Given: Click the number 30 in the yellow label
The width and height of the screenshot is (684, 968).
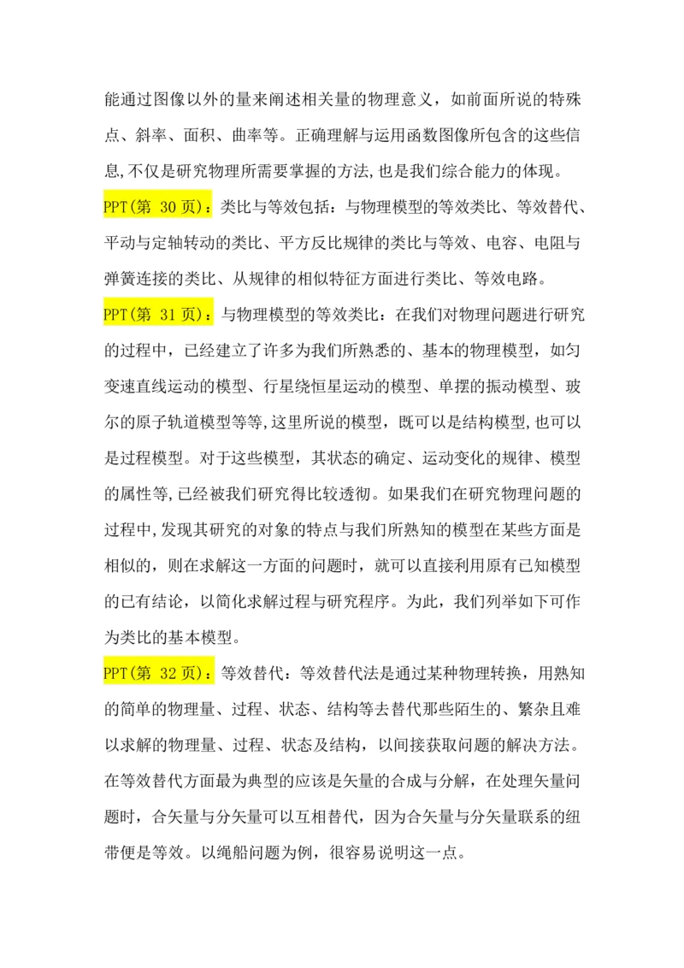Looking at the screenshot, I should tap(168, 207).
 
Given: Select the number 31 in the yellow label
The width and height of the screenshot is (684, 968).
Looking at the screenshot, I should tap(168, 315).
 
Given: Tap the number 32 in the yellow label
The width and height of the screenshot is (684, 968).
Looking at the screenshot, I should tap(168, 674).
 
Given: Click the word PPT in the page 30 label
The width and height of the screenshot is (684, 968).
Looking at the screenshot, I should tap(115, 207).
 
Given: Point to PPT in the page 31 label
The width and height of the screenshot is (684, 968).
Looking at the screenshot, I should tap(115, 315).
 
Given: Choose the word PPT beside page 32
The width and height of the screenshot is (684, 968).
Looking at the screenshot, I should tap(115, 674).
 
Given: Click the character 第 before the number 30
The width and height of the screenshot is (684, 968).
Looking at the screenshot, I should tap(143, 207).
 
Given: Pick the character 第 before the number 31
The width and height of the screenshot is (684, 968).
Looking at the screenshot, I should tap(143, 315).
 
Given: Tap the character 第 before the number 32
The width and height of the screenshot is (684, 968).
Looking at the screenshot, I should tap(143, 674).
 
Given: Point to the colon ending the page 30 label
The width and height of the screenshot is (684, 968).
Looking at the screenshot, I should tap(209, 209).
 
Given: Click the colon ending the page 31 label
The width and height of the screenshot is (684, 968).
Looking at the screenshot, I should tap(209, 316).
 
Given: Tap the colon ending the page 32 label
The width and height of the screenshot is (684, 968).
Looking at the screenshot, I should tap(209, 676).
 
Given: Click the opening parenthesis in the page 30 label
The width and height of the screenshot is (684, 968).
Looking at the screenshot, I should tap(132, 207).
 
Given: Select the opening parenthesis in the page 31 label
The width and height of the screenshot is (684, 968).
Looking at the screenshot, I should tap(132, 315).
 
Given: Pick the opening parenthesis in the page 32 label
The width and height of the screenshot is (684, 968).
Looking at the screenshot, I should tap(132, 674).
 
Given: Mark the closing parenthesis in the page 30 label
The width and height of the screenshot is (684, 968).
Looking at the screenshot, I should tap(201, 207).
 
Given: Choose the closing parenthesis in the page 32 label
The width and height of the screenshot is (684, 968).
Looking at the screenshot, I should tap(201, 674).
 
